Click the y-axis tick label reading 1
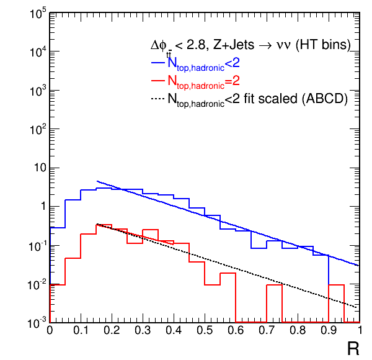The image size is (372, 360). coord(42,207)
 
